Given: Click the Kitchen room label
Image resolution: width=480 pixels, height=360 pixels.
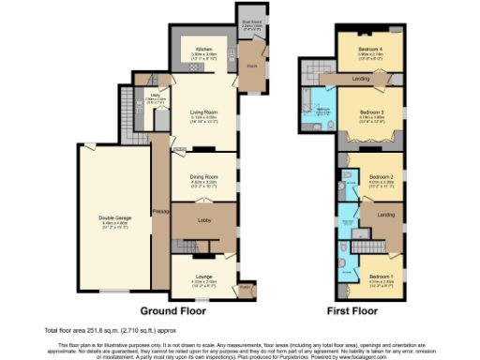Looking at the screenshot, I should (204, 49).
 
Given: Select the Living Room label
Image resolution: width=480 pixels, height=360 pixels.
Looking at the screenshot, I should (204, 113).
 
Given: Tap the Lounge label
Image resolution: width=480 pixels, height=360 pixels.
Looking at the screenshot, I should (204, 276).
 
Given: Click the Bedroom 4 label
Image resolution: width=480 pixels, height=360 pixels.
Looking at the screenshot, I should (369, 49).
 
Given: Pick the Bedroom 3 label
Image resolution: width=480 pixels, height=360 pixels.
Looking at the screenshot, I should (369, 111).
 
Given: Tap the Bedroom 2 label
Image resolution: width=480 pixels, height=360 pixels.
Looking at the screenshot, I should (380, 175).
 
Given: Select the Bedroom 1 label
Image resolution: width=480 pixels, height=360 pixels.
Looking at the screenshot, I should (380, 276).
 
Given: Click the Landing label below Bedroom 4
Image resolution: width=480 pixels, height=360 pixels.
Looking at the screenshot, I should (360, 79).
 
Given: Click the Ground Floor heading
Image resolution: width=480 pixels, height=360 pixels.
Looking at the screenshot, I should (173, 309).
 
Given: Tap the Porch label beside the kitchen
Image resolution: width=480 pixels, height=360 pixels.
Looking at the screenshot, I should (252, 67).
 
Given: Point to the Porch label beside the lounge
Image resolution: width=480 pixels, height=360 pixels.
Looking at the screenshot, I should (246, 287).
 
